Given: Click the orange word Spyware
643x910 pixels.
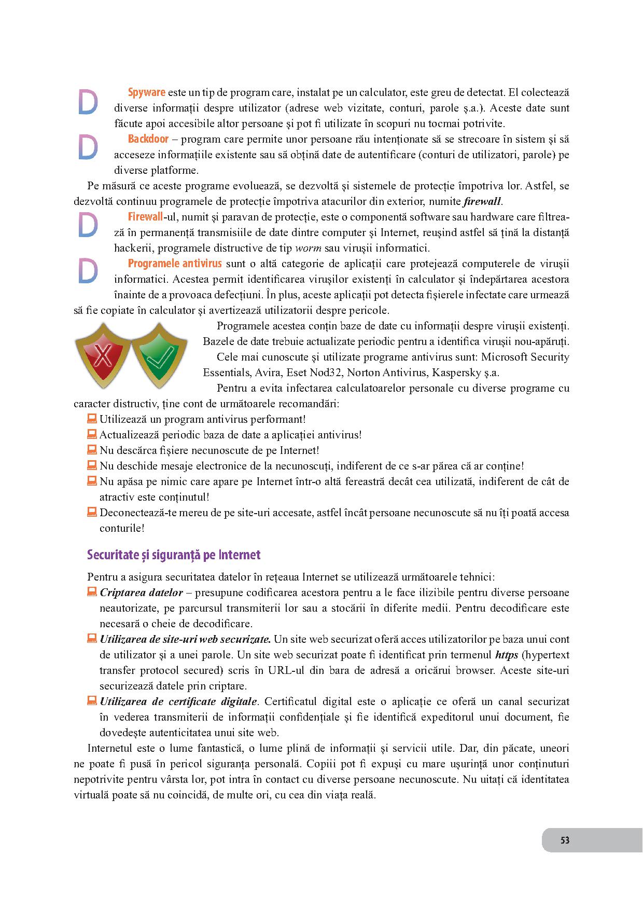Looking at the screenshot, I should coord(146,93).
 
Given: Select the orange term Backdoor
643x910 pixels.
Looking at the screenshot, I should coord(148,139).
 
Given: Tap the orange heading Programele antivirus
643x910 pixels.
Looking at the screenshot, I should coord(175,264).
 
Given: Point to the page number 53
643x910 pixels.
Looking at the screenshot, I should coord(565,840).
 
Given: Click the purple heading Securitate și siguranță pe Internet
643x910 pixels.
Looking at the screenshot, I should coord(174,555).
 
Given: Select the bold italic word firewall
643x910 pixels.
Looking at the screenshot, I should coord(482,201).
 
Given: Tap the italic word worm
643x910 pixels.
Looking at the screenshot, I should coord(308,248).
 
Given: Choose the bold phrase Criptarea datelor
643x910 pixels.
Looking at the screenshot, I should coord(141,592).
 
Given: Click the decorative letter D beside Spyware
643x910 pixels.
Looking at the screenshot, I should coord(88,102).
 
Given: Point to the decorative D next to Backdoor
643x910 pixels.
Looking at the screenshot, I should coord(88,148).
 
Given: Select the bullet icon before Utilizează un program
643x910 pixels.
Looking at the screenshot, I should coord(92,418).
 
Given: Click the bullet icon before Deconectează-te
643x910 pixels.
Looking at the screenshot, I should coord(92,512).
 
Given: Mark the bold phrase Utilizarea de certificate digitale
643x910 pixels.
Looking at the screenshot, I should coord(178,701).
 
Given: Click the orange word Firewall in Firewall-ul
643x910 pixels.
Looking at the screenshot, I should coord(145,217).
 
